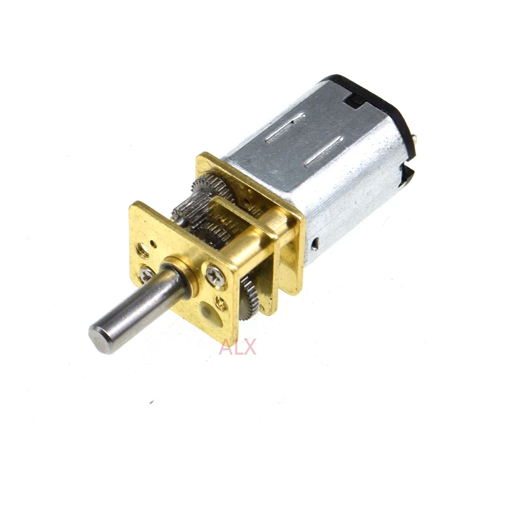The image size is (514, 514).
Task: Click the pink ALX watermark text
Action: coord(238,348)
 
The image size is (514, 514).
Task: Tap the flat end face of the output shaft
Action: coord(102,337)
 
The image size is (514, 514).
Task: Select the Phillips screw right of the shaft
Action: coord(215,276)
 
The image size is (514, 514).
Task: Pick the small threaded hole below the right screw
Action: coord(221,301)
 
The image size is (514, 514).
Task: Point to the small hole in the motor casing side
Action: coord(315,244)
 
